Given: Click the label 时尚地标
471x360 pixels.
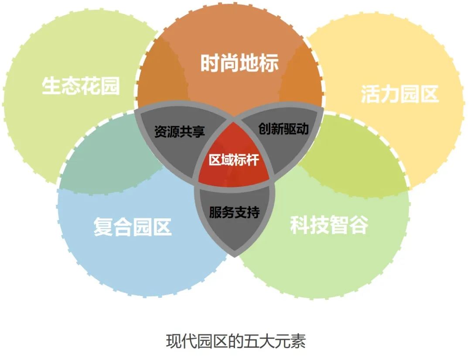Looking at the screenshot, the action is click(239, 64).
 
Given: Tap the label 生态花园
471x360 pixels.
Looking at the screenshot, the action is click(81, 86).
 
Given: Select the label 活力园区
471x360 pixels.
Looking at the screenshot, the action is click(399, 94).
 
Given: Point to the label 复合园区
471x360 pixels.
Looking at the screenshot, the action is click(132, 227).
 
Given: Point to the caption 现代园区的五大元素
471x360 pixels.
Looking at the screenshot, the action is click(235, 340).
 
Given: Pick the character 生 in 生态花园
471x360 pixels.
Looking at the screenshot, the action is click(51, 86).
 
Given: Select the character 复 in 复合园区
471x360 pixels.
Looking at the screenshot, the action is click(103, 227).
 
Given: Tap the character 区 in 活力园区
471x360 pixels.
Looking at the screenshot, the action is click(429, 94).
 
